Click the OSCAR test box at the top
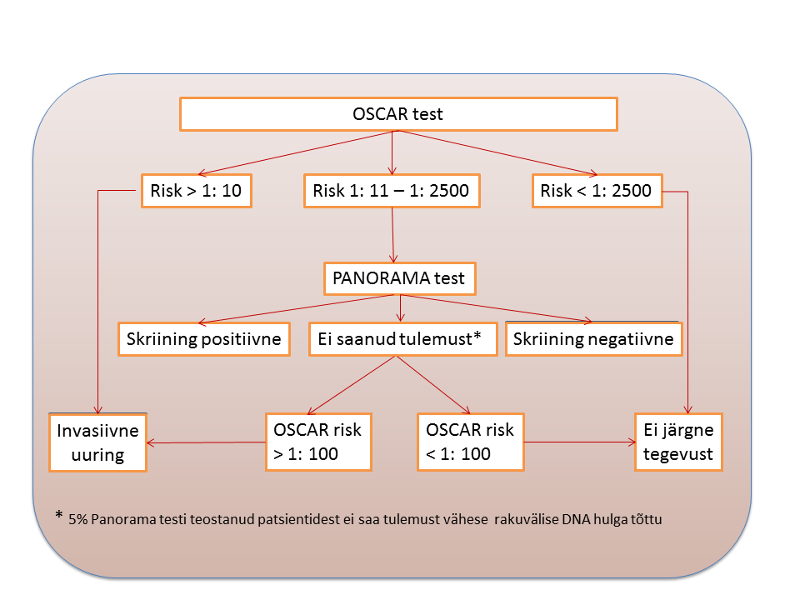[x=398, y=114]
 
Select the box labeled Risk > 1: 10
[x=197, y=191]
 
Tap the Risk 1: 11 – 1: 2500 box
[x=392, y=191]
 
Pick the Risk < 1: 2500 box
[x=597, y=191]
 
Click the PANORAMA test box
[x=399, y=278]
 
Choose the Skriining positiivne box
[x=204, y=339]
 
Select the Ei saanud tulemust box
[x=403, y=339]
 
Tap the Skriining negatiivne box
[x=594, y=339]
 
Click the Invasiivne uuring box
[x=98, y=442]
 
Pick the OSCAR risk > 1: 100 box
[x=318, y=442]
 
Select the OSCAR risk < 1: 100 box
[x=470, y=442]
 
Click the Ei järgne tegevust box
[x=678, y=442]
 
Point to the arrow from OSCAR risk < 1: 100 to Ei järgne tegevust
[x=580, y=442]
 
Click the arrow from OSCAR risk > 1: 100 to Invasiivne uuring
[x=206, y=442]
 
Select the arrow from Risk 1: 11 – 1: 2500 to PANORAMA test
[x=392, y=235]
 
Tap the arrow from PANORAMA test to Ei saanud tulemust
[x=401, y=308]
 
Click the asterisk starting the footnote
[x=59, y=515]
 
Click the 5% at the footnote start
[x=78, y=519]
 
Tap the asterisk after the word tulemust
[x=477, y=336]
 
